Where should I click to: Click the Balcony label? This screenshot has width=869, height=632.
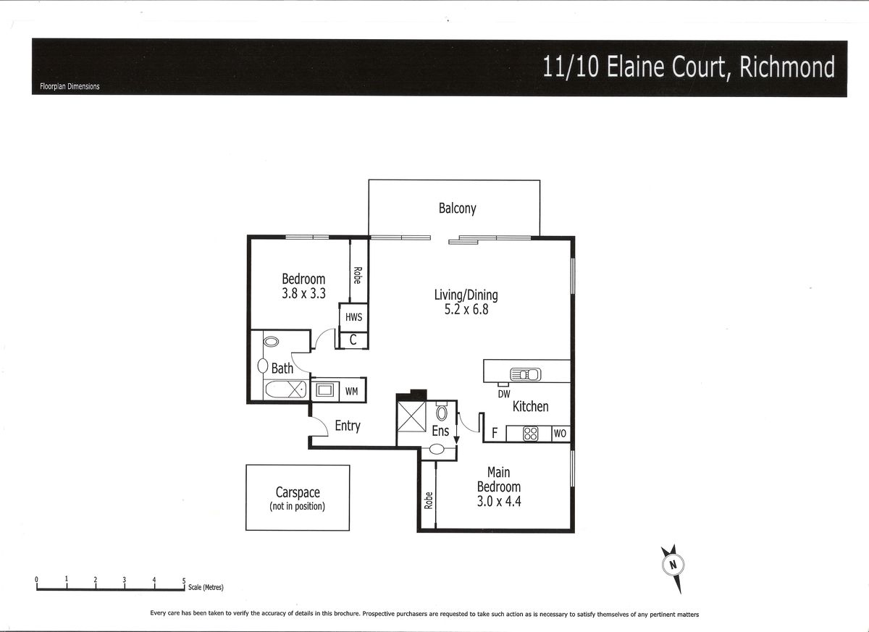click(x=457, y=208)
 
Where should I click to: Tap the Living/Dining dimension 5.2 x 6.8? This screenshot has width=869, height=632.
click(x=466, y=309)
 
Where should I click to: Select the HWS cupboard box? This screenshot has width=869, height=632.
click(x=353, y=317)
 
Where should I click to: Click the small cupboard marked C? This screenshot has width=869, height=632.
click(x=353, y=340)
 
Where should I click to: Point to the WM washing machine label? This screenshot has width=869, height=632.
click(x=351, y=391)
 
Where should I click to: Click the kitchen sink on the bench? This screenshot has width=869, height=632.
click(x=525, y=374)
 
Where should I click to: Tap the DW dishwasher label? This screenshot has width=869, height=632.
click(x=503, y=395)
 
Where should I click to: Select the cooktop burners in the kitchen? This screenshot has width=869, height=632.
click(x=530, y=434)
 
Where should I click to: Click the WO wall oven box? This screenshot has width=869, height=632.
click(x=561, y=434)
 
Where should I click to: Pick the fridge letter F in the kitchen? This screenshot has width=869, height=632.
click(x=495, y=433)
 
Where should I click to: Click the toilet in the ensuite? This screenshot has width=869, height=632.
click(x=442, y=411)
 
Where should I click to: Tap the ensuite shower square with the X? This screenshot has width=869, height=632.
click(x=411, y=416)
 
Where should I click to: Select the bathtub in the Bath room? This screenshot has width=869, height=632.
click(x=285, y=389)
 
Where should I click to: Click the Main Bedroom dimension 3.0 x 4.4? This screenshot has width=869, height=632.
click(x=499, y=502)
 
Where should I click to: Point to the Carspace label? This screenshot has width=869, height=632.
click(x=298, y=492)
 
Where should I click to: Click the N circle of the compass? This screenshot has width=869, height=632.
click(x=673, y=565)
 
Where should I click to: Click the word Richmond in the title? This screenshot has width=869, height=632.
click(x=786, y=67)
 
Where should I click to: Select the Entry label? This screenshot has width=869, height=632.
click(x=348, y=426)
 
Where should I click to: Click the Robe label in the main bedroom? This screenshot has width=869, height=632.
click(x=428, y=500)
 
